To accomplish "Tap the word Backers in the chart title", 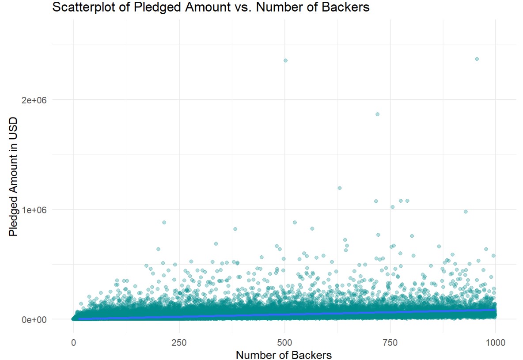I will (347, 8).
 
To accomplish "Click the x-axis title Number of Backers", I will (284, 355).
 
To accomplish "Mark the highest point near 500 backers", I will (285, 60).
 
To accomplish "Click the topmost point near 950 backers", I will (477, 59).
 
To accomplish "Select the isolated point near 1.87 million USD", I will (377, 114).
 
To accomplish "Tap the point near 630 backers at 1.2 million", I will (340, 188).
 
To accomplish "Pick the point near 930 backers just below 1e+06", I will (466, 212).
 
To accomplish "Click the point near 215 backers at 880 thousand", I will (164, 222).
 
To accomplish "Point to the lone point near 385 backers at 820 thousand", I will (235, 229).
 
